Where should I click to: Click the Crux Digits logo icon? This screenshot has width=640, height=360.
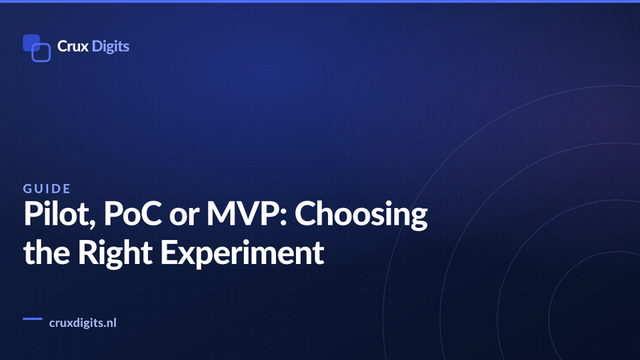pos(37,48)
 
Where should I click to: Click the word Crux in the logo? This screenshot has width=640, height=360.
pos(73,46)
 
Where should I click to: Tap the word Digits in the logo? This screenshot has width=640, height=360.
pos(110,46)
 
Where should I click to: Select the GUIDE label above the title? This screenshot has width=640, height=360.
pos(47,189)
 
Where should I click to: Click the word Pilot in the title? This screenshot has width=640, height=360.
pos(59,214)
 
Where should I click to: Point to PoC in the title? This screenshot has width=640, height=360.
pos(133,214)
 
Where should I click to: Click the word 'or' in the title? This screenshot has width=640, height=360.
pos(184,216)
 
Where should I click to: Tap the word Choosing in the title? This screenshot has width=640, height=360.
pos(362,215)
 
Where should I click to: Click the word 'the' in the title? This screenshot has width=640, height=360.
pos(46,252)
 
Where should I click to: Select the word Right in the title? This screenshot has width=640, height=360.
pos(115,254)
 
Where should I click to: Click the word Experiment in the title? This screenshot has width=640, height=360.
pos(242,254)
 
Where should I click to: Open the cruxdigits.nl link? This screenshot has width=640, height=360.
pos(83,323)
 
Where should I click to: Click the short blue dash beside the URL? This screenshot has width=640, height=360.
pos(33,318)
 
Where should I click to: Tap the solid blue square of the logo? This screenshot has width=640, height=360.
pos(31,42)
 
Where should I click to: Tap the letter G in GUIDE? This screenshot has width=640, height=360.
pos(27,189)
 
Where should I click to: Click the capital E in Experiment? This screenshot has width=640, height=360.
pos(169,253)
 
